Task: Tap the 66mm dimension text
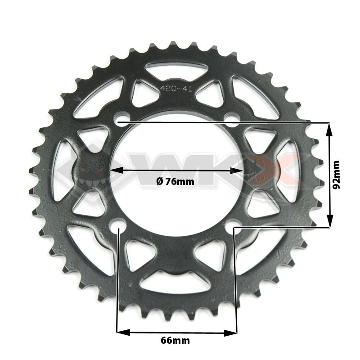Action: (x=175, y=340)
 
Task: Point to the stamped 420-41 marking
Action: (x=176, y=88)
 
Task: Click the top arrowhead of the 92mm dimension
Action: (x=330, y=129)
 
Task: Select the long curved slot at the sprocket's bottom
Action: (x=175, y=281)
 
